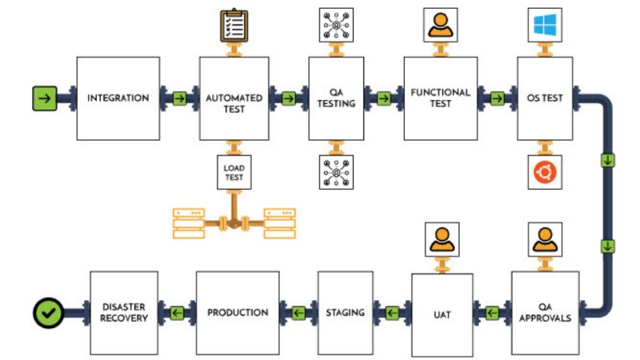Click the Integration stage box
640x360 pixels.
[118, 98]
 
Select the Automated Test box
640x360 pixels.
[234, 98]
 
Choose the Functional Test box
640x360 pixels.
[441, 98]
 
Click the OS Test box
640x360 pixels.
[545, 98]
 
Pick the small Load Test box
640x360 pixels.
[234, 171]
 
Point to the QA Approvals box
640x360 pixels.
[545, 313]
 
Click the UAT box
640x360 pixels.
[442, 313]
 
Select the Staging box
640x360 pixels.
[346, 313]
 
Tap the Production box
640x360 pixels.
[238, 313]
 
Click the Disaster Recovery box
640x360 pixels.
[124, 313]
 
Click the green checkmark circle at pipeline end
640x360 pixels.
[48, 312]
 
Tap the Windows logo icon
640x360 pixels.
[545, 25]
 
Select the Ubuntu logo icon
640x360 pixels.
[545, 171]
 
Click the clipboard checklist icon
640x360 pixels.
[234, 25]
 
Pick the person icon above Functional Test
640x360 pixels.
[441, 25]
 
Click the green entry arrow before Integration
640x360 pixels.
[45, 98]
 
